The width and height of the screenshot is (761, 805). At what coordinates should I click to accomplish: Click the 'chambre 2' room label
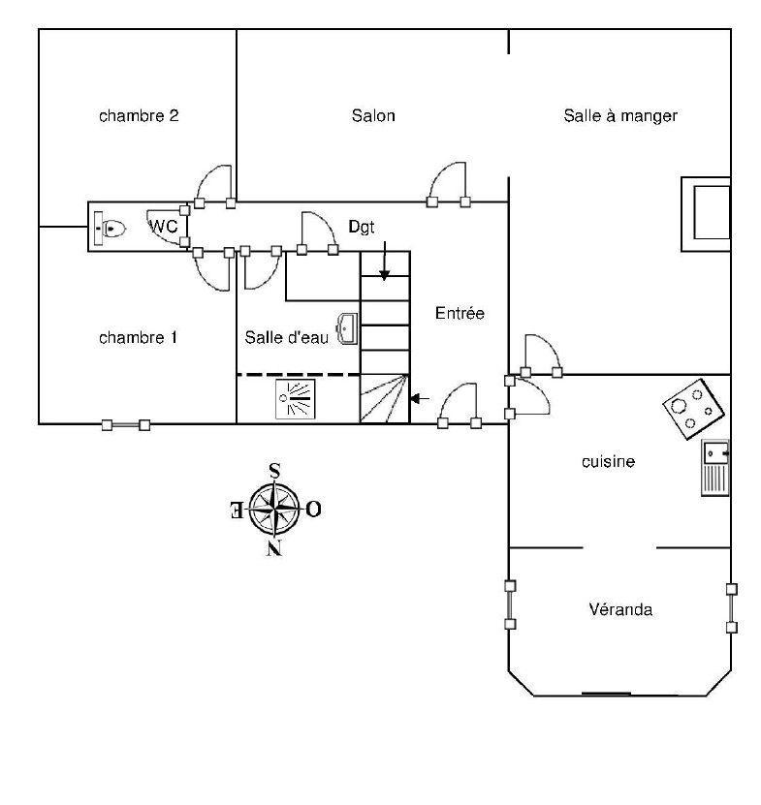point(139,116)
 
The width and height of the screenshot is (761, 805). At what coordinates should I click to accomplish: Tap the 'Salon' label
point(373,115)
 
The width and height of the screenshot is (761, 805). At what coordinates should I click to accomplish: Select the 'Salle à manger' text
point(620,116)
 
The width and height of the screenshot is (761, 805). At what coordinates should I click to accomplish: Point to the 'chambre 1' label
point(139,338)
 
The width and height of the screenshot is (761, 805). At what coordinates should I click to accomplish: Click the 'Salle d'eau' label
point(286,337)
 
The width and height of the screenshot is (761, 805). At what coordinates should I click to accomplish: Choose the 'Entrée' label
point(460,313)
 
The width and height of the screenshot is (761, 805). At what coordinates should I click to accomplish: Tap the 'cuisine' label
point(608,461)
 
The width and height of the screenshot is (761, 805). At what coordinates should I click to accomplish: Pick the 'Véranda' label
point(620,609)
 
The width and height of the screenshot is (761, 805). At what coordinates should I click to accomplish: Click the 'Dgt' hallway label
point(362,227)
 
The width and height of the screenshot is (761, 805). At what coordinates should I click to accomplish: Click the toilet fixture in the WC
point(110,228)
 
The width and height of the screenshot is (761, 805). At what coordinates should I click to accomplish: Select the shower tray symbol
point(295,399)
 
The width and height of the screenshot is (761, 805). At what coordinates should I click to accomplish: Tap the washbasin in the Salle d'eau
point(348,328)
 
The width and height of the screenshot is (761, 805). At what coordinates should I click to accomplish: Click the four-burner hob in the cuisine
point(693,409)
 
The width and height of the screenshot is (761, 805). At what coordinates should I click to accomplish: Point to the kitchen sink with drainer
point(715,468)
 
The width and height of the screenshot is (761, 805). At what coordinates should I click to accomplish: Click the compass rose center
point(275,509)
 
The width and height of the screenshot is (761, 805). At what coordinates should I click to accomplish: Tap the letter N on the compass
point(275,549)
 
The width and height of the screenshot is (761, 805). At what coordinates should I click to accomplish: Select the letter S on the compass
point(275,471)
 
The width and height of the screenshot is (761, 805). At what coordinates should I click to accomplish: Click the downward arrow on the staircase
point(384,261)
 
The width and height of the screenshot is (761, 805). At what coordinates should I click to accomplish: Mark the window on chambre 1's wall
point(126,425)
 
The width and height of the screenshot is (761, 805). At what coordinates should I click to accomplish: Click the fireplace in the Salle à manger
point(706,214)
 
